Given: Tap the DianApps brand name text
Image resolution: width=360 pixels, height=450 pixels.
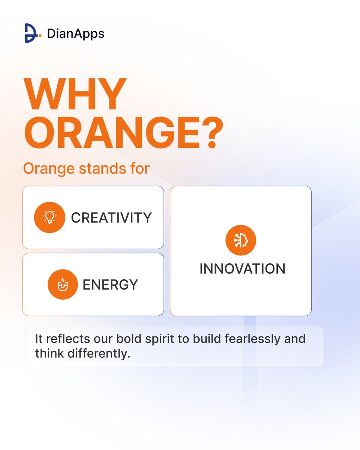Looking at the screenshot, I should click(x=75, y=34).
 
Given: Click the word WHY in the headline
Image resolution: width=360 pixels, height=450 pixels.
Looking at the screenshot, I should click(x=75, y=94).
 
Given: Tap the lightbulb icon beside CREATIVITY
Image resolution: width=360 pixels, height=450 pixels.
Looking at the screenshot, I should click(x=49, y=217).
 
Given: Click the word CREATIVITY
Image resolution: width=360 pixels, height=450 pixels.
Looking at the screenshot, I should click(x=111, y=217).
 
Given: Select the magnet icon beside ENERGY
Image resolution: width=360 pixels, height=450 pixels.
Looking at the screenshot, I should click(x=63, y=285).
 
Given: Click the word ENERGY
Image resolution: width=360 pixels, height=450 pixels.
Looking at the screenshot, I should click(x=110, y=285).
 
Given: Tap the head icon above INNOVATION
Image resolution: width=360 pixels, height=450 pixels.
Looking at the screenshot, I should click(x=240, y=240).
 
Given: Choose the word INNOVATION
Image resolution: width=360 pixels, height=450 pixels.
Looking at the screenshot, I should click(x=242, y=269).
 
